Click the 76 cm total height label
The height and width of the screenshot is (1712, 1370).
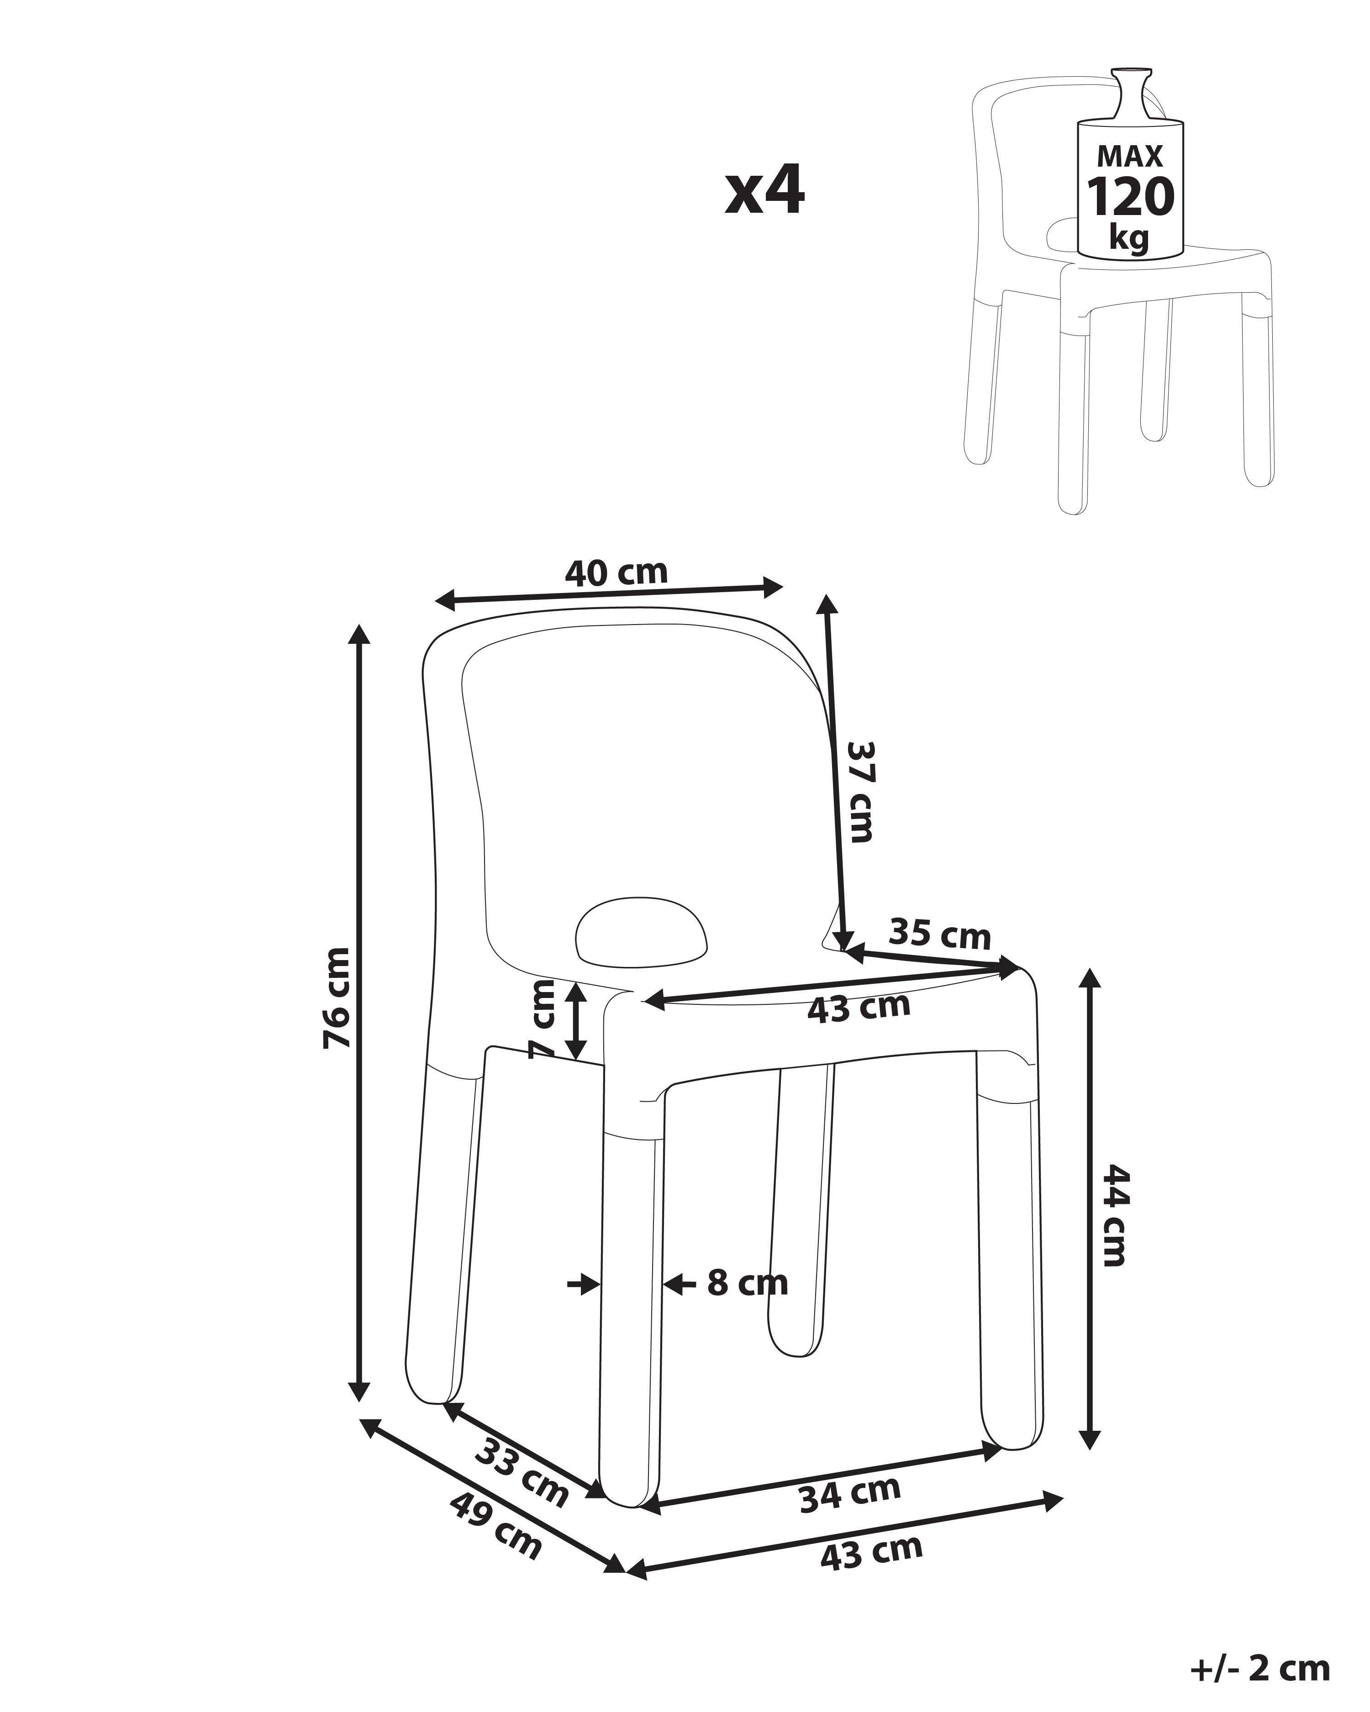[337, 998]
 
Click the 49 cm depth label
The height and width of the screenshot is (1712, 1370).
[495, 1525]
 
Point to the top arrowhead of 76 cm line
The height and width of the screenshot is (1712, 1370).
[360, 635]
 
